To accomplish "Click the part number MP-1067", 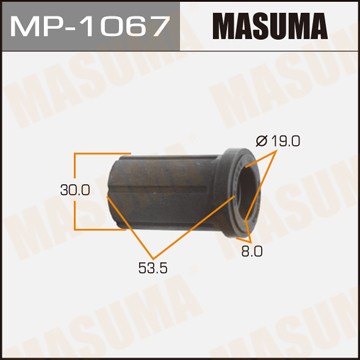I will pyautogui.click(x=90, y=25).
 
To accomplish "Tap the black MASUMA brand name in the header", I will pyautogui.click(x=270, y=25).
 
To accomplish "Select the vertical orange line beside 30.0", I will pyautogui.click(x=75, y=186).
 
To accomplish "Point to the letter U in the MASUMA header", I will pyautogui.click(x=282, y=25).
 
